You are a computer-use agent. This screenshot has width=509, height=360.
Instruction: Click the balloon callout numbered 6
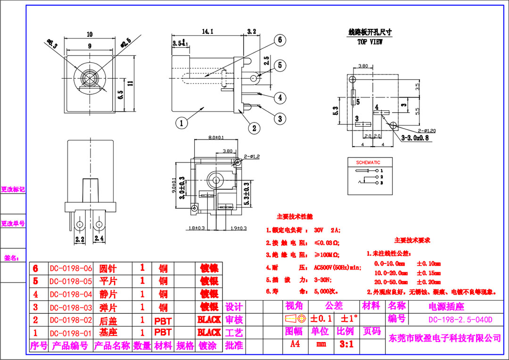[x=279, y=40]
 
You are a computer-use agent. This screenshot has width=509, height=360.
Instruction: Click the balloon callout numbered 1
[x=181, y=123]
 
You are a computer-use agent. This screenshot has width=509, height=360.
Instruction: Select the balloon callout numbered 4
[x=280, y=98]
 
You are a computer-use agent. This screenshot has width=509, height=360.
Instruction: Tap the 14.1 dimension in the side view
[x=208, y=32]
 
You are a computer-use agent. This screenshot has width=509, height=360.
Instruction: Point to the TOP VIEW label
[x=370, y=42]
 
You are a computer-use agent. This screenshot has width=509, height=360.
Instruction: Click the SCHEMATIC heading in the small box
[x=368, y=163]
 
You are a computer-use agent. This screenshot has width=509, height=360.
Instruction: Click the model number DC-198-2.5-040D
[x=460, y=319]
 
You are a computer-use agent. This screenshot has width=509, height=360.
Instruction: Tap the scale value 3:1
[x=346, y=344]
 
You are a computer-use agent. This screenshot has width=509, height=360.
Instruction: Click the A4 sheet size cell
[x=295, y=344]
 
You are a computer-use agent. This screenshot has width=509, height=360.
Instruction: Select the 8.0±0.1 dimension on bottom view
[x=216, y=138]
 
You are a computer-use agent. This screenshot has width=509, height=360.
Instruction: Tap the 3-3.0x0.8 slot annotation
[x=415, y=138]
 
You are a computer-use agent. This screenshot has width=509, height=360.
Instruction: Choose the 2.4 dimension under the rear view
[x=99, y=239]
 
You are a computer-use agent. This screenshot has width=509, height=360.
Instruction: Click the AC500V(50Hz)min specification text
[x=337, y=267]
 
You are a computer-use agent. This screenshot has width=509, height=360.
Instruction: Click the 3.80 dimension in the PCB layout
[x=363, y=66]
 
